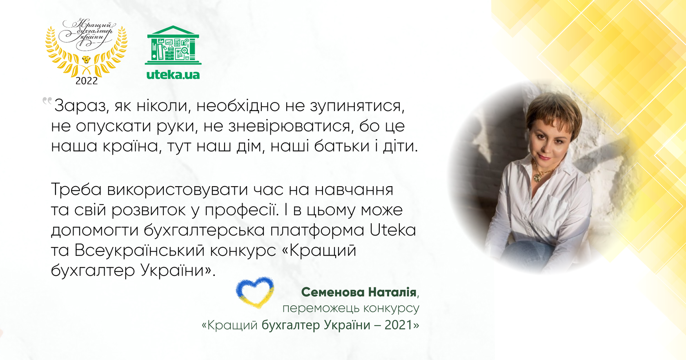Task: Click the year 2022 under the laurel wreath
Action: (x=87, y=81)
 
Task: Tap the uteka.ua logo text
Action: (x=173, y=75)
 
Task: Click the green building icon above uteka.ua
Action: (x=173, y=46)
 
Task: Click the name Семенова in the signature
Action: (x=333, y=292)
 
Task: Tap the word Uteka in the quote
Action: (x=392, y=230)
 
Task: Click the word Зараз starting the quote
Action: (x=81, y=106)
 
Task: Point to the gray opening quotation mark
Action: (x=47, y=101)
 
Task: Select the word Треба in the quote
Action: (x=76, y=190)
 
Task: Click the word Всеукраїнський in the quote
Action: (x=139, y=250)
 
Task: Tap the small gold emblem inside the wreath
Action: (x=86, y=60)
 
